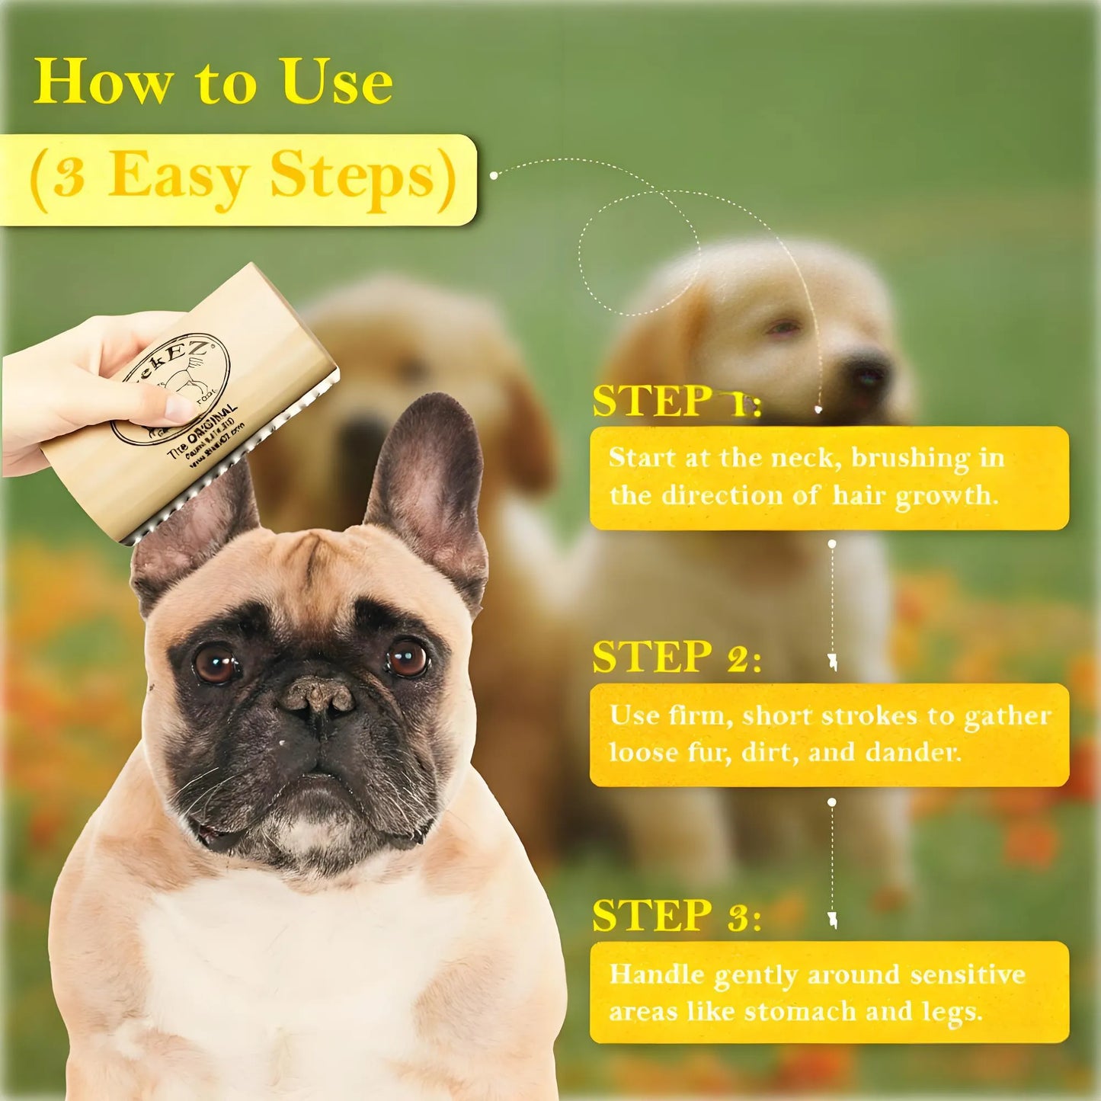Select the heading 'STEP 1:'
pyautogui.click(x=676, y=402)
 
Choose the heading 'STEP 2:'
pyautogui.click(x=676, y=658)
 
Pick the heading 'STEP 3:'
pyautogui.click(x=676, y=916)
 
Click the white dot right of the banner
pyautogui.click(x=494, y=175)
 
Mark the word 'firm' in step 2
pyautogui.click(x=696, y=715)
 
